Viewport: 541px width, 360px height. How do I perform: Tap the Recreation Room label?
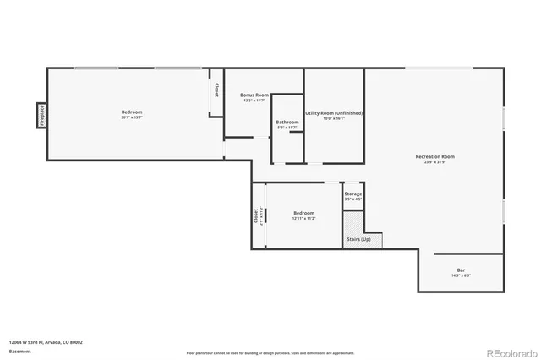pos(434,156)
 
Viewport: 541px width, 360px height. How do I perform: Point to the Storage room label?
pos(352,194)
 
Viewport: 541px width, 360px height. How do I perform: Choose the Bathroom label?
pos(287,123)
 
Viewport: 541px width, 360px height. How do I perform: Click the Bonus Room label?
pos(254,95)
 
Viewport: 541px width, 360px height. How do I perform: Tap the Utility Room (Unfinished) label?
pos(334,112)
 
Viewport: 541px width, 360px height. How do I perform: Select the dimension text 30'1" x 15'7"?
pos(131,117)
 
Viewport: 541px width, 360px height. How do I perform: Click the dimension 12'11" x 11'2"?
pos(303,218)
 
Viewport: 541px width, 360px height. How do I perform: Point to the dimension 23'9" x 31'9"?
pos(434,162)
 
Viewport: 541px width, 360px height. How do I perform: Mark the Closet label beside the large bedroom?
pos(216,90)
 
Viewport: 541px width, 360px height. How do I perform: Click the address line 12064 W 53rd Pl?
pos(46,342)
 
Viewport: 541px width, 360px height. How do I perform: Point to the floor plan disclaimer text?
pos(270,351)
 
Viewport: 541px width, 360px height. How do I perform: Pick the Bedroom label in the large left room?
pos(131,112)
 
